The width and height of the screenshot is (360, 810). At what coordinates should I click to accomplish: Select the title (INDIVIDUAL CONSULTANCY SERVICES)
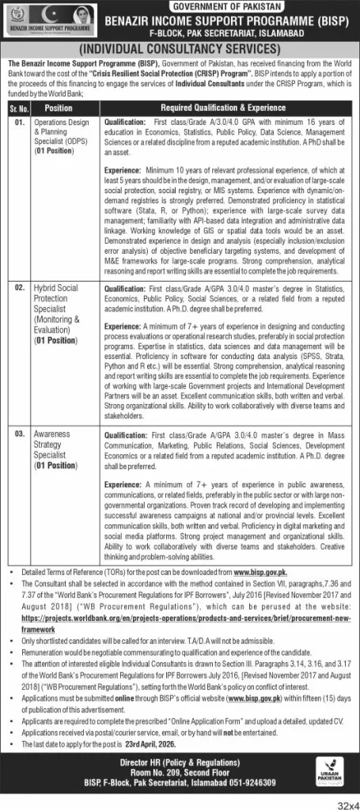[x=180, y=49]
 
